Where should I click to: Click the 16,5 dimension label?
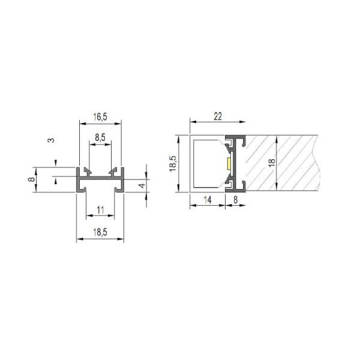[x=100, y=117]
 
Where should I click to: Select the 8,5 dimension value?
[x=100, y=137]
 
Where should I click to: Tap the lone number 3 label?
[x=52, y=140]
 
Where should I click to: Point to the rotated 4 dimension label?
[x=142, y=185]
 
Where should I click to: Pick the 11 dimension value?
[x=100, y=210]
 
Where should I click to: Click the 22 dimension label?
[x=218, y=116]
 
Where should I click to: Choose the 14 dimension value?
[x=208, y=200]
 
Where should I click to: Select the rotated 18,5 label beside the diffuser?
[x=173, y=163]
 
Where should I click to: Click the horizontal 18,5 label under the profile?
[x=100, y=232]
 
